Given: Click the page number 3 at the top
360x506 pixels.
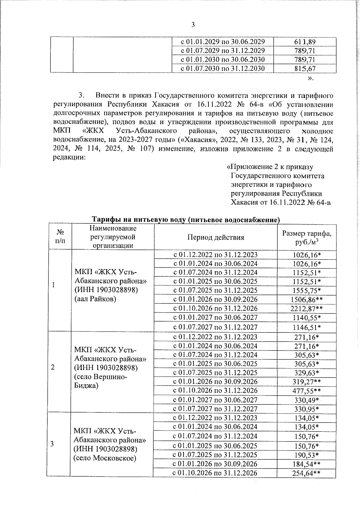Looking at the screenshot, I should pos(193,25).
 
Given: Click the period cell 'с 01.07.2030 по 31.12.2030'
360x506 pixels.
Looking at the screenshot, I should pos(223,68).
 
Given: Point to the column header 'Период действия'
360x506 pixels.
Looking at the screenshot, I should pos(215,238).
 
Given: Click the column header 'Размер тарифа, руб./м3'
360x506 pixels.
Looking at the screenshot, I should pos(307,238).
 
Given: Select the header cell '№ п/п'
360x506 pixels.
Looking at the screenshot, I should pos(60,237).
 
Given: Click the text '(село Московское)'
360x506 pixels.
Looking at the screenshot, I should pos(105,458).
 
